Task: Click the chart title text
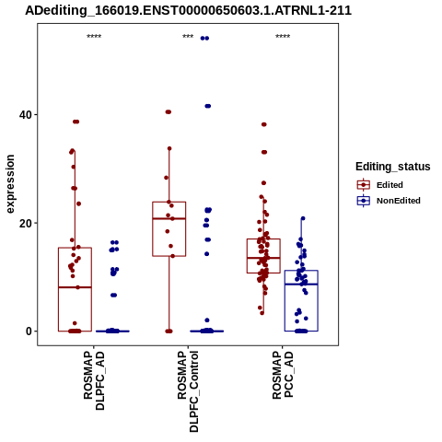click(188, 10)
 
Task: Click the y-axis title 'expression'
click(10, 184)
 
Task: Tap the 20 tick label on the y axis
click(26, 223)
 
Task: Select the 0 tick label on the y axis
click(29, 331)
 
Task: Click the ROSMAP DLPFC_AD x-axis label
click(94, 380)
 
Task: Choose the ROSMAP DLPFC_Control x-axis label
click(188, 391)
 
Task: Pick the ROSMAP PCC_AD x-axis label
click(283, 375)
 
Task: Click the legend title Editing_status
click(393, 167)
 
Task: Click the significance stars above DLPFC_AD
click(94, 37)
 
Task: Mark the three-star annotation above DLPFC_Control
click(188, 37)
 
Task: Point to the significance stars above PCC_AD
click(283, 37)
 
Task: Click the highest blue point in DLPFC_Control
click(204, 39)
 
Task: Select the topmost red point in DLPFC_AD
click(76, 122)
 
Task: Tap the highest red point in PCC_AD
click(264, 124)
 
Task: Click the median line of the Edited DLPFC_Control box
click(169, 218)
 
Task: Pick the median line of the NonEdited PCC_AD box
click(301, 285)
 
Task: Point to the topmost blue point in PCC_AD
click(303, 218)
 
